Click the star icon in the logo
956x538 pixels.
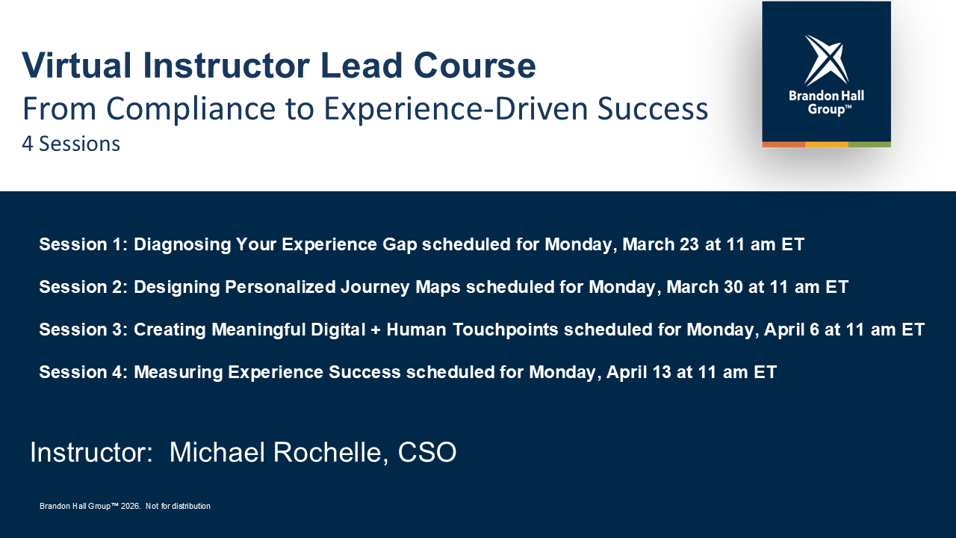tap(826, 59)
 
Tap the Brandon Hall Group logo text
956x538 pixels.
tap(826, 103)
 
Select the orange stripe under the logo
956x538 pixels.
tap(783, 144)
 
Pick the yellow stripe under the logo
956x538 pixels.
tap(826, 144)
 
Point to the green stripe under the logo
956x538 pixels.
tap(869, 144)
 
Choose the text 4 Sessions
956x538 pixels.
tap(71, 143)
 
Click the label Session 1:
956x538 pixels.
tap(83, 244)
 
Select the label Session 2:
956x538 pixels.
tap(83, 287)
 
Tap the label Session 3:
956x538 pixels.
tap(83, 330)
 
